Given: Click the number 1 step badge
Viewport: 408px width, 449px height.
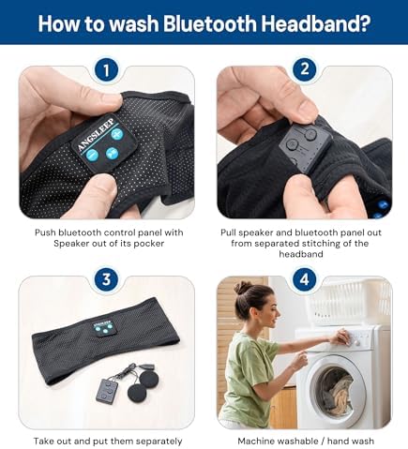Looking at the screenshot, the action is pos(106,70).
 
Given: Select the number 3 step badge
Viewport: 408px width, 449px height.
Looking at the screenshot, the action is pos(106,279).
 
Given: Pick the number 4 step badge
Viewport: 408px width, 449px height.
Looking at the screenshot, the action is pos(304,279).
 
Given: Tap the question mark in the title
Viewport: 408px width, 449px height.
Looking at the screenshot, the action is pos(364,23).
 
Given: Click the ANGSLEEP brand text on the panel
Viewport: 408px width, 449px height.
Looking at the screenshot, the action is pos(96,135).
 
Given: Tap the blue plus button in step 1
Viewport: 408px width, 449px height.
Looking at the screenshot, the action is pos(116,135).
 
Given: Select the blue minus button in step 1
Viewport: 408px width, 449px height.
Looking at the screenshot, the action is pos(92,155).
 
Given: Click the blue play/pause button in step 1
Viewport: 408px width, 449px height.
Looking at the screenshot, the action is pos(112,153).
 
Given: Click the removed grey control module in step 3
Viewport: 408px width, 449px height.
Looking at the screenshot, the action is pos(107,390).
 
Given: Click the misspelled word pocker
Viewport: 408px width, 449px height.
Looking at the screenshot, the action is pos(149,244).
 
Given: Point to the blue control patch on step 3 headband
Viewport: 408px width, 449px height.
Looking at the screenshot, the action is pos(103,327).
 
